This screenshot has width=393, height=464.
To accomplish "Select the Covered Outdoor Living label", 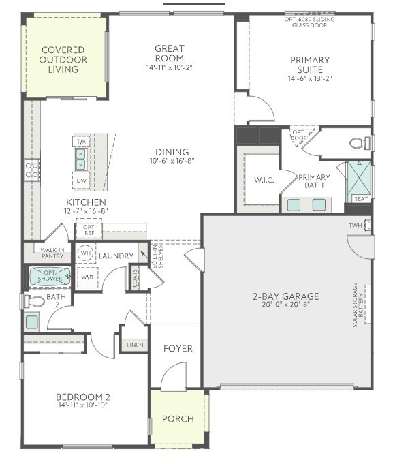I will pyautogui.click(x=63, y=60).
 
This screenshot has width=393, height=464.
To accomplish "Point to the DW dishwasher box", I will pyautogui.click(x=81, y=181).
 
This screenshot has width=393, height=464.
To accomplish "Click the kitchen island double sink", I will pyautogui.click(x=80, y=159).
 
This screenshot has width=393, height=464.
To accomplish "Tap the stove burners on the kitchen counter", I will pyautogui.click(x=32, y=169).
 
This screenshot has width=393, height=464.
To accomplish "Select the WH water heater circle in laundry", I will pyautogui.click(x=87, y=253).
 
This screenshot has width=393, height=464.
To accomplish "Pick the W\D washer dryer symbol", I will pyautogui.click(x=87, y=278).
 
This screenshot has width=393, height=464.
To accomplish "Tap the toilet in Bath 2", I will pyautogui.click(x=34, y=300).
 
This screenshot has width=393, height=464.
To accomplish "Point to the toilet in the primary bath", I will pyautogui.click(x=359, y=143).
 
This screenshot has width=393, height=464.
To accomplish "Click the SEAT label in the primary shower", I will pyautogui.click(x=360, y=199).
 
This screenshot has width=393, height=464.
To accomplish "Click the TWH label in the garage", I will pyautogui.click(x=355, y=226).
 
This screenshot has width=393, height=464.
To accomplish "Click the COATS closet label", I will pyautogui.click(x=136, y=278).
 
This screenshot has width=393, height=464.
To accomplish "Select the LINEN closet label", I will pyautogui.click(x=134, y=345).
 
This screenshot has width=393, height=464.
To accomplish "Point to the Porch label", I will pyautogui.click(x=177, y=418).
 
